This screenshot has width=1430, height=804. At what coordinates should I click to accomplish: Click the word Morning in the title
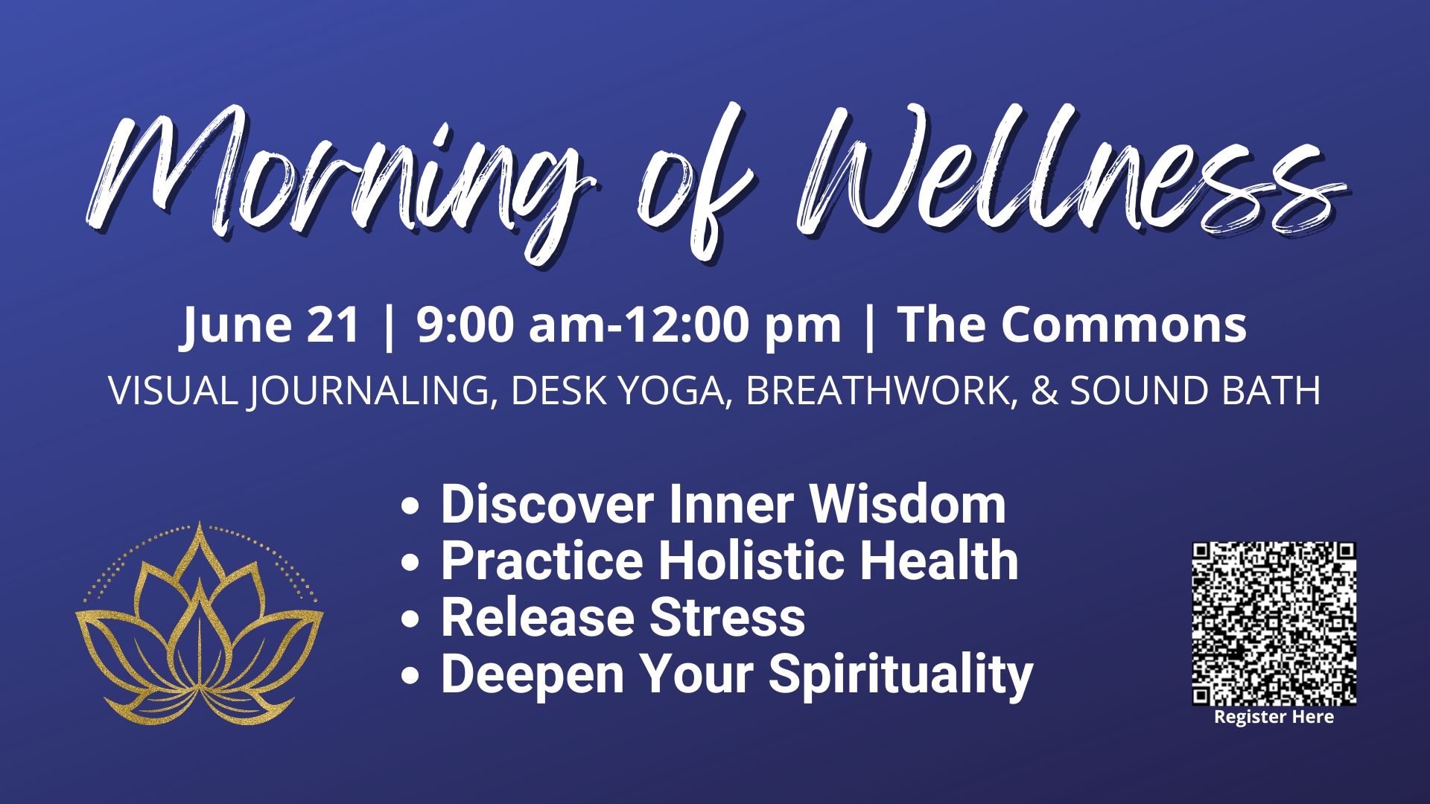(x=335, y=179)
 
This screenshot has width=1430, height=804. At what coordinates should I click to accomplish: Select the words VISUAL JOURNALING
(x=298, y=391)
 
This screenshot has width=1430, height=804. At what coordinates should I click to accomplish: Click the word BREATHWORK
(x=877, y=391)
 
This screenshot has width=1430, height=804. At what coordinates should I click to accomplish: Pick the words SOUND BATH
(x=1195, y=391)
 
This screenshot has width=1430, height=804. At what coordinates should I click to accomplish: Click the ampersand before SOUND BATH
(x=1044, y=391)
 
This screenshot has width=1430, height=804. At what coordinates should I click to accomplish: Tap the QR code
(x=1274, y=623)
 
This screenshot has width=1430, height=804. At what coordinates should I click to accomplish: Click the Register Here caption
(x=1274, y=717)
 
